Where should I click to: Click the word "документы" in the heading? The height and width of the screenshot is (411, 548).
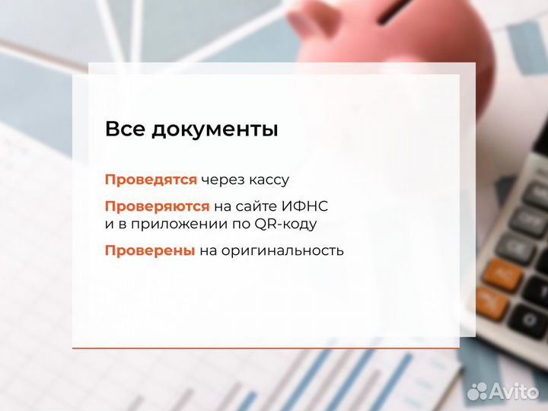point(215,130)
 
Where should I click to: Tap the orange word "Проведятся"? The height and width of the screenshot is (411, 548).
point(151,180)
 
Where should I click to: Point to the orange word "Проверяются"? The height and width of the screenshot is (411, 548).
point(157,206)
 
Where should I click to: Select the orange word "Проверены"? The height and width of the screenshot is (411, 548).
point(150,250)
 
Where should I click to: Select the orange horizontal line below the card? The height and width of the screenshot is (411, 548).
point(266,348)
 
